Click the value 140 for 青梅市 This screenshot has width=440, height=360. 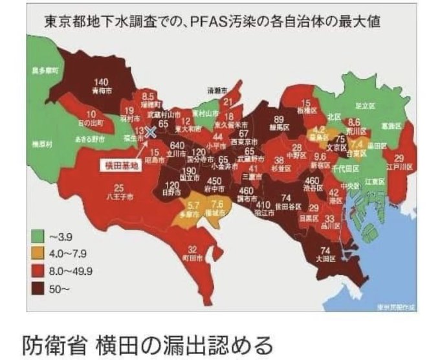click(100, 82)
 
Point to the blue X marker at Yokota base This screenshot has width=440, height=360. click(151, 131)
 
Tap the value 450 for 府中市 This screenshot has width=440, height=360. click(215, 181)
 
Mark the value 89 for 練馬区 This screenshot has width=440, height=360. click(280, 119)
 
